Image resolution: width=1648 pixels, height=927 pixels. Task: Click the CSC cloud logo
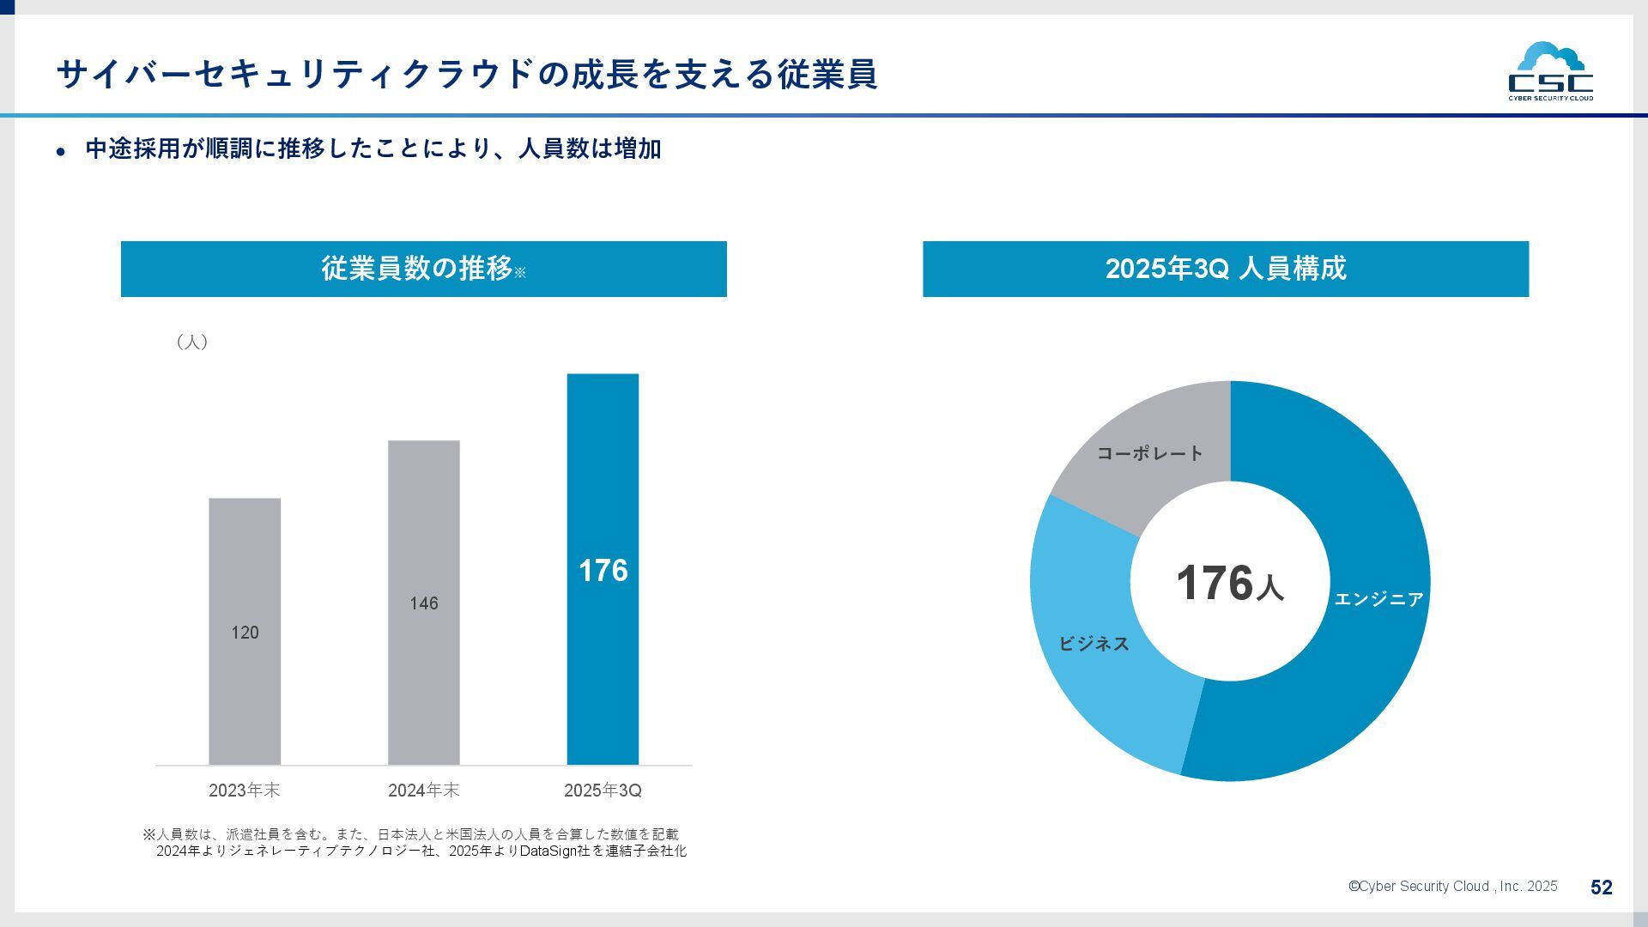(x=1550, y=71)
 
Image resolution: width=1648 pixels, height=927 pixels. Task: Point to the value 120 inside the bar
(x=245, y=633)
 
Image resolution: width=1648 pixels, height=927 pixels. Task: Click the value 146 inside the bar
(x=424, y=603)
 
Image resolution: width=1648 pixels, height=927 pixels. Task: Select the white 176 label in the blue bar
(x=603, y=571)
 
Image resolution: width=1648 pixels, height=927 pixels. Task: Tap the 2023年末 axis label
(x=245, y=791)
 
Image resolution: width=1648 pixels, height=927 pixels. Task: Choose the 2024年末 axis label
(x=424, y=791)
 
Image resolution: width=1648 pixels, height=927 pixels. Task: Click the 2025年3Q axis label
(x=603, y=791)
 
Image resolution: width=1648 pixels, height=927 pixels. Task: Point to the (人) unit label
(x=192, y=342)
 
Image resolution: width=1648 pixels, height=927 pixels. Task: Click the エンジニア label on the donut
(x=1378, y=599)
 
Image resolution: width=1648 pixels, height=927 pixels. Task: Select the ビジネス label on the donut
(x=1094, y=644)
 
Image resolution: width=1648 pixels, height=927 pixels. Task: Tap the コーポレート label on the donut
(x=1150, y=453)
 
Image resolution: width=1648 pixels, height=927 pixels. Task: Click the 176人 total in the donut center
(x=1229, y=584)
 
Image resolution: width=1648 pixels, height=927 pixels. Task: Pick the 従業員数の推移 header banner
(x=423, y=269)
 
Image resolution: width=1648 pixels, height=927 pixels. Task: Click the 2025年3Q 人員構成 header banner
(x=1225, y=269)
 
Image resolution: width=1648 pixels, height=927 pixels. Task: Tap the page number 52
(x=1601, y=888)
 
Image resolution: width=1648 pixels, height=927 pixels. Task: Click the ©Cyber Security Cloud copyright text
(x=1452, y=887)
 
